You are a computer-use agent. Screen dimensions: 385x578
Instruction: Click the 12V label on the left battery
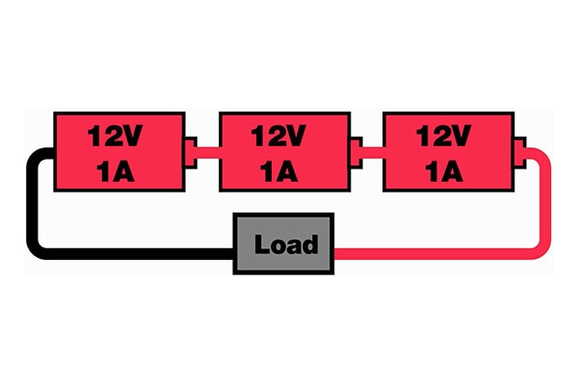pyautogui.click(x=117, y=136)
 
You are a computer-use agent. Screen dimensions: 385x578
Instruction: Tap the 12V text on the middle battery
pyautogui.click(x=280, y=136)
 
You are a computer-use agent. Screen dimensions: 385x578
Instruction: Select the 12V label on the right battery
pyautogui.click(x=443, y=136)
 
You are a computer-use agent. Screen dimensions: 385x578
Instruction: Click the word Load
pyautogui.click(x=285, y=244)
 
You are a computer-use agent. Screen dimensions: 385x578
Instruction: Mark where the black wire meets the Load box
pyautogui.click(x=236, y=252)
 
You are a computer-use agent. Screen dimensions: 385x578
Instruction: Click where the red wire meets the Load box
pyautogui.click(x=334, y=252)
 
